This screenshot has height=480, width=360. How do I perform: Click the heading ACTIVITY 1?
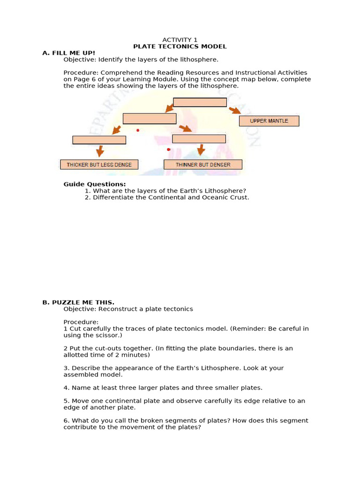pyautogui.click(x=180, y=40)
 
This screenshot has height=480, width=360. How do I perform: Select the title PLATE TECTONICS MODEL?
pyautogui.click(x=180, y=46)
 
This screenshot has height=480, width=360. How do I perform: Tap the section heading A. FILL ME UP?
pyautogui.click(x=68, y=53)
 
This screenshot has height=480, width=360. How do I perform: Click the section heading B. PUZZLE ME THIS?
pyautogui.click(x=78, y=302)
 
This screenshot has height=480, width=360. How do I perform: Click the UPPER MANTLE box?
pyautogui.click(x=269, y=121)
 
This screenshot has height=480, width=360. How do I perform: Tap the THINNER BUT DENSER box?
pyautogui.click(x=202, y=165)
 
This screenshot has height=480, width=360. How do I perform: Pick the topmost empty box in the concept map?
pyautogui.click(x=200, y=102)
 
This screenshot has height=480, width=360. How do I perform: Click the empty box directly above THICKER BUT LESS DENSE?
pyautogui.click(x=99, y=140)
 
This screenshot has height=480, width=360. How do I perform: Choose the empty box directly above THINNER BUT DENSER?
pyautogui.click(x=199, y=139)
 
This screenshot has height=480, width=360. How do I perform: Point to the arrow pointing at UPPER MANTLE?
pyautogui.click(x=235, y=111)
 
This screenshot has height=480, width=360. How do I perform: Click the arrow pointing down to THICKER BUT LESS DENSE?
pyautogui.click(x=99, y=151)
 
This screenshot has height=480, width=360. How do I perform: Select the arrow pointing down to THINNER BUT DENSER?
pyautogui.click(x=201, y=150)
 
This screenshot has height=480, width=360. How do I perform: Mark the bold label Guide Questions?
pyautogui.click(x=95, y=184)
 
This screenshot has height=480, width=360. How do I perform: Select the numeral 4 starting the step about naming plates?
pyautogui.click(x=66, y=388)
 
